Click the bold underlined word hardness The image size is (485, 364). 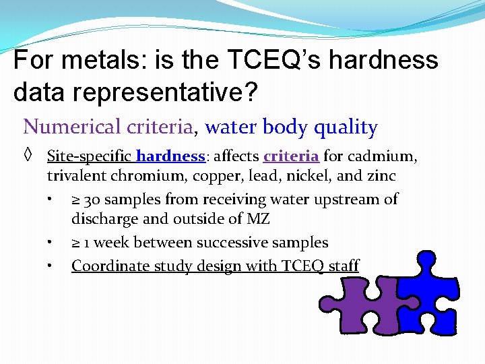[x=170, y=156]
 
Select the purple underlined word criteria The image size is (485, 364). [x=291, y=156]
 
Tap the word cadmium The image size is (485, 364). [x=381, y=156]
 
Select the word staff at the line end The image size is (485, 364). [x=344, y=266]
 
